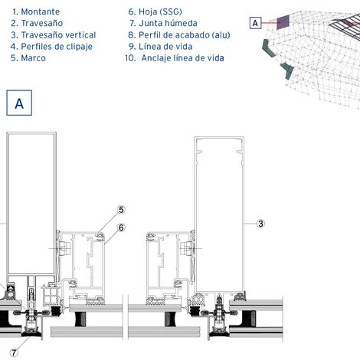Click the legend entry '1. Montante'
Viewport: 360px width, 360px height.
coord(36,11)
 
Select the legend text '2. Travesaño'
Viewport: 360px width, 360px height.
coord(37,23)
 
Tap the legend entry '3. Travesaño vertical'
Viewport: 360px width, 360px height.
coord(54,35)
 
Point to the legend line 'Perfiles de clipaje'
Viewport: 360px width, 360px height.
coord(57,47)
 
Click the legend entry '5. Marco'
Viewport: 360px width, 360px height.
coord(28,58)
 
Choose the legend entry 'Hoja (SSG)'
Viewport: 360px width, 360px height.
coord(160,11)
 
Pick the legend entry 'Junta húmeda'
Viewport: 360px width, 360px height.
coord(168,23)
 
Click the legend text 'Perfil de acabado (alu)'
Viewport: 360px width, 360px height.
coord(185,35)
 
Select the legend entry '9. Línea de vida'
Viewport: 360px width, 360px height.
coord(160,47)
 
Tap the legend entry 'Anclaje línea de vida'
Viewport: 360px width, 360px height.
coord(182,58)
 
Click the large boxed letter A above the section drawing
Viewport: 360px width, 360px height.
coord(19,103)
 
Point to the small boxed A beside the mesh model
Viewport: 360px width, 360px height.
coord(255,23)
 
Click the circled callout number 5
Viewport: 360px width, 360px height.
coord(121,210)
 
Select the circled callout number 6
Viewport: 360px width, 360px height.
coord(121,227)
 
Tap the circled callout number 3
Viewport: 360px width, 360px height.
coord(260,224)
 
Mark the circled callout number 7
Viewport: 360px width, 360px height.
coord(14,353)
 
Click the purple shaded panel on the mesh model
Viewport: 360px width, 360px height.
coord(283,21)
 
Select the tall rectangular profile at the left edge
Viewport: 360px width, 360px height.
coord(31,204)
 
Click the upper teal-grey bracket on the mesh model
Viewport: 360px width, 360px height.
coord(269,48)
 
